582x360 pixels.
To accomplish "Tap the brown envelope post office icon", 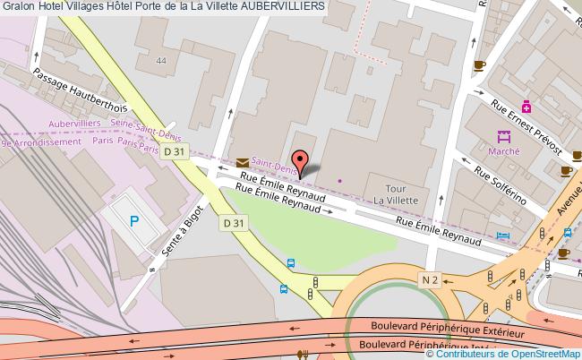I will pos(244,161).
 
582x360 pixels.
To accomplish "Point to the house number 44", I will pos(160,61).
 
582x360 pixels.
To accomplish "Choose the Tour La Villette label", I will pos(402,194).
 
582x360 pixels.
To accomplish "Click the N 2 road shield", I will pos(429,281).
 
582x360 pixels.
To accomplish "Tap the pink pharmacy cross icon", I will pos(527,106).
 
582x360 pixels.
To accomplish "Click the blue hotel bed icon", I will pos(504,236).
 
